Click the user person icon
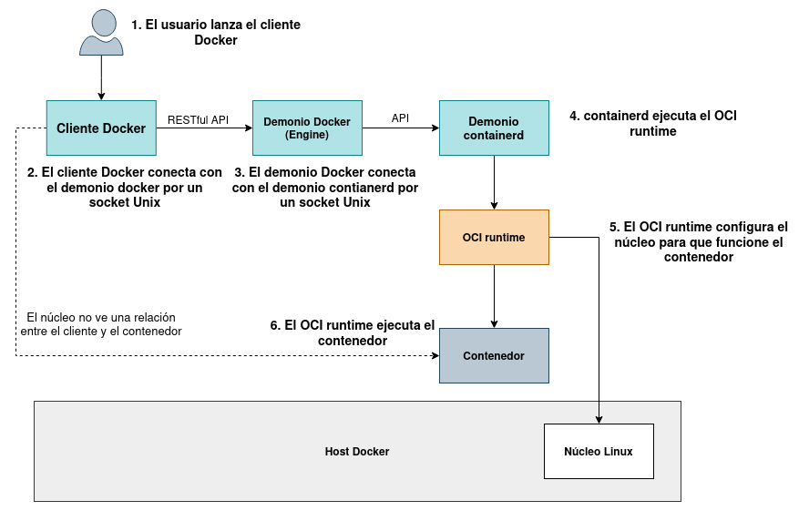(x=101, y=33)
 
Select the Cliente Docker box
(x=101, y=128)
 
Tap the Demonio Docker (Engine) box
(x=307, y=128)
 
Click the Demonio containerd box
(x=494, y=128)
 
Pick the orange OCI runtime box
(x=494, y=238)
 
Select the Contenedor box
(x=494, y=355)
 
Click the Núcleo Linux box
(x=599, y=451)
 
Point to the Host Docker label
(x=357, y=452)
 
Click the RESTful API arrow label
(x=198, y=119)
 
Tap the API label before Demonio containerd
(x=400, y=118)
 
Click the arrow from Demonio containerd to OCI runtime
(x=494, y=182)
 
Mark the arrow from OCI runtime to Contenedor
(x=494, y=296)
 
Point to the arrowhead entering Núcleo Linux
(x=599, y=419)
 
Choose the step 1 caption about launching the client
(x=215, y=33)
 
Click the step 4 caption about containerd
(x=652, y=123)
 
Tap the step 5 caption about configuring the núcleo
(x=698, y=241)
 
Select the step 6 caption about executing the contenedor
(x=353, y=332)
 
